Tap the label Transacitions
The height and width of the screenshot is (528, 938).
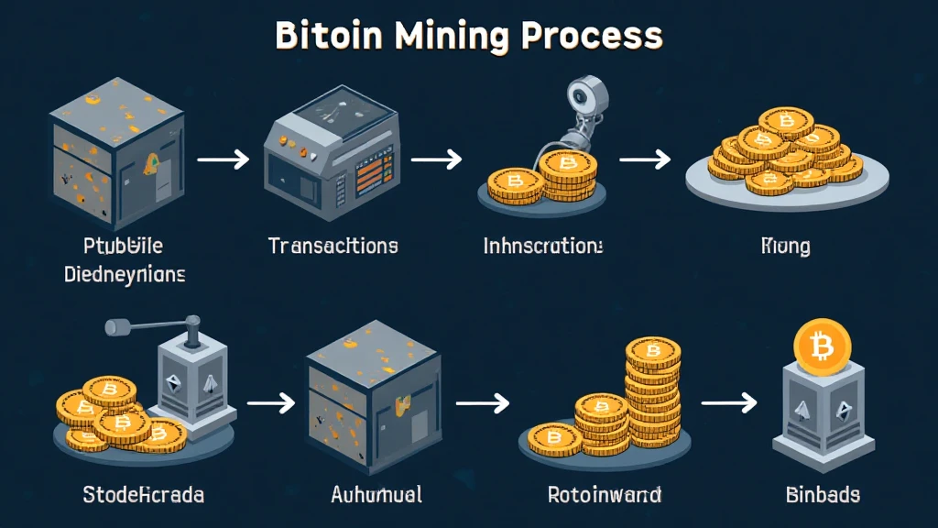coord(333,246)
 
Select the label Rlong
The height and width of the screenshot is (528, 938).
coord(786,246)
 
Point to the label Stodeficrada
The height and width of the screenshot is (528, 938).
coord(143,495)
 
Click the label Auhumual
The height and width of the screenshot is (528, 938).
coord(376,495)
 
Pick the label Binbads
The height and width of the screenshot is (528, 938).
coord(823,495)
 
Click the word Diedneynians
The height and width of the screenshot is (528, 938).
coord(125,274)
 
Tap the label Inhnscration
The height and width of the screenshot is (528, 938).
coord(543,246)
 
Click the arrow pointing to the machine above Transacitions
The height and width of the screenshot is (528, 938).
coord(224,159)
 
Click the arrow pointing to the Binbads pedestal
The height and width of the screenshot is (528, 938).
coord(729,401)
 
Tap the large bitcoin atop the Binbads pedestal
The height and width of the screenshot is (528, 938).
coord(822,346)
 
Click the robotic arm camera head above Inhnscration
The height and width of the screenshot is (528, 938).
coord(581,94)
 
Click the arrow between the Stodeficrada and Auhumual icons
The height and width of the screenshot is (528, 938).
coord(271,401)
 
